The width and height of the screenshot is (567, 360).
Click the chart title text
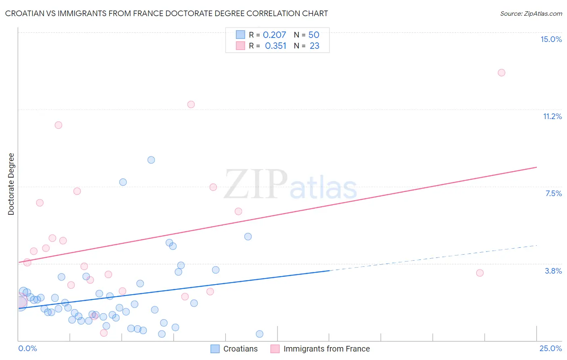pos(167,13)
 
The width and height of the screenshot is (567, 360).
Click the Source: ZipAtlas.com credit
pos(531,13)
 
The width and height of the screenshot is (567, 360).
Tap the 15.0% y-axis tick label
pos(551,39)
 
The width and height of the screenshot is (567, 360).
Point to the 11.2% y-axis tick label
pos(552,116)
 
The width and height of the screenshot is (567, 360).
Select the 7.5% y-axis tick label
pos(553,193)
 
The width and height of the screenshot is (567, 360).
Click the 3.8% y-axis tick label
pos(553,271)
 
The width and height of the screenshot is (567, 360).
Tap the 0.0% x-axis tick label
pos(27,348)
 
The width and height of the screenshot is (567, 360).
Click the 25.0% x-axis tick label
pos(550,348)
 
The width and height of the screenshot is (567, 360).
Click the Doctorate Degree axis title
pos(11,184)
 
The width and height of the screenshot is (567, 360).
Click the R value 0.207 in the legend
pos(274,35)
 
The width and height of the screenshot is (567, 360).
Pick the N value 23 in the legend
pos(315,46)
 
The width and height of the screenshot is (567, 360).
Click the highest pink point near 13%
pos(501,73)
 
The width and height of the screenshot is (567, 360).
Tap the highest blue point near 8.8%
pos(151,160)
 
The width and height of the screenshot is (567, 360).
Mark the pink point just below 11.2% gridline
pos(191,105)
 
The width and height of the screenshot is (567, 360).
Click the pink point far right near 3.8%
pos(480,273)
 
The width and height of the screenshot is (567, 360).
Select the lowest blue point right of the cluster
pos(260,334)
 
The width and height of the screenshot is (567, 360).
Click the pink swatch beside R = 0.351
pos(240,46)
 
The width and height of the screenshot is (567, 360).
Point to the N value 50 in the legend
pos(314,35)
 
